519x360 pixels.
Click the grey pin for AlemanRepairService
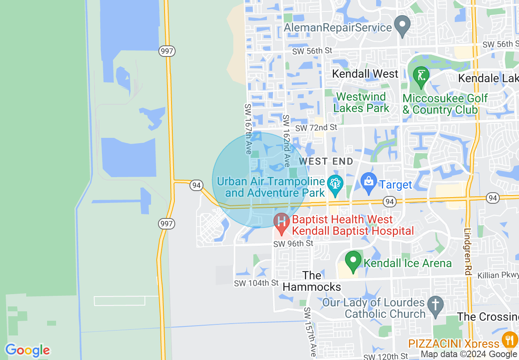pyautogui.click(x=402, y=26)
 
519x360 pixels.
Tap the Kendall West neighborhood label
pyautogui.click(x=365, y=74)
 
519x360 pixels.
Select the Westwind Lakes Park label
pyautogui.click(x=361, y=102)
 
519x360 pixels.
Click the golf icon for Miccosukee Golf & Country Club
pyautogui.click(x=421, y=76)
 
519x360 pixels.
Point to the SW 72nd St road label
pyautogui.click(x=316, y=128)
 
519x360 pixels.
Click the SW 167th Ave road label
pyautogui.click(x=248, y=129)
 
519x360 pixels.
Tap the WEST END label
pyautogui.click(x=326, y=161)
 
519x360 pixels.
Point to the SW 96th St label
pyautogui.click(x=293, y=244)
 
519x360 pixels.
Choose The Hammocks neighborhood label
pyautogui.click(x=312, y=281)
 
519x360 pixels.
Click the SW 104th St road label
pyautogui.click(x=256, y=283)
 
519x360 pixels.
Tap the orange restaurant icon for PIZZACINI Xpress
pyautogui.click(x=509, y=341)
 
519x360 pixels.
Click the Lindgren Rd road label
pyautogui.click(x=468, y=251)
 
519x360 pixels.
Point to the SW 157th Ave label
pyautogui.click(x=309, y=332)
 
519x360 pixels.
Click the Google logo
pyautogui.click(x=27, y=350)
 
